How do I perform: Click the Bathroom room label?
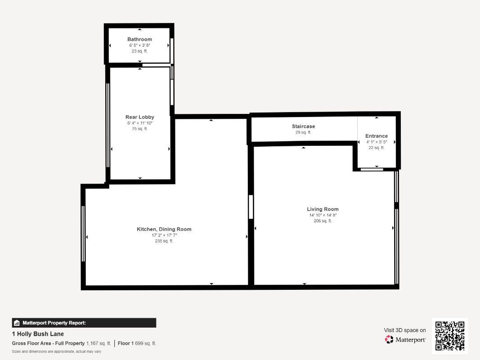[139, 39]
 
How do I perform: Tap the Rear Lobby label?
[139, 117]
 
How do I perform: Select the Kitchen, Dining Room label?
[164, 229]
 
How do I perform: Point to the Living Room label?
[323, 209]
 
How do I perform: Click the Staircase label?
[303, 126]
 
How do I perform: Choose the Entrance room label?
[376, 136]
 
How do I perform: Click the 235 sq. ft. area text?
[164, 241]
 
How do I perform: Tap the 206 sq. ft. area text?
[323, 221]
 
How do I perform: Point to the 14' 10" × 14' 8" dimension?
[323, 215]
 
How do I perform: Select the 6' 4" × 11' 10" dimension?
[139, 123]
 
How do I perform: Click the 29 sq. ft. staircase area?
[303, 132]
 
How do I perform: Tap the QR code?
[449, 336]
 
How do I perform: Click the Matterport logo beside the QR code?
[405, 340]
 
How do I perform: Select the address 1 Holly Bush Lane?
[38, 334]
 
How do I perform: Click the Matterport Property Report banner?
[84, 323]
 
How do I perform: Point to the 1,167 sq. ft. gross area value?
[99, 343]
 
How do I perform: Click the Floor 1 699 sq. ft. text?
[137, 343]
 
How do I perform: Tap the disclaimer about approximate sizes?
[56, 351]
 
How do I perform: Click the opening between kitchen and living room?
[251, 207]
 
